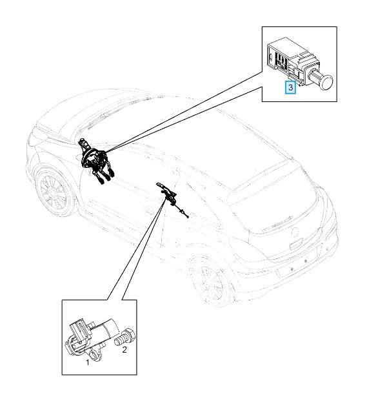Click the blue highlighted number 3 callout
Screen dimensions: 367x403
click(290, 87)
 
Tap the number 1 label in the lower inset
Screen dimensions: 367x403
click(88, 362)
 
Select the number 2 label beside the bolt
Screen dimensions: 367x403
click(124, 349)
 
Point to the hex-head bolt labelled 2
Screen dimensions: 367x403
click(124, 337)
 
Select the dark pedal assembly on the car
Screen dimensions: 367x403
click(95, 161)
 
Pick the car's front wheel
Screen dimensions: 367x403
click(54, 191)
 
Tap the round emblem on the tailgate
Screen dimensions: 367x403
click(295, 232)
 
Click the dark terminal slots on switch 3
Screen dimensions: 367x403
click(280, 61)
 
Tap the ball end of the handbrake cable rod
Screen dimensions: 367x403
click(188, 217)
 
